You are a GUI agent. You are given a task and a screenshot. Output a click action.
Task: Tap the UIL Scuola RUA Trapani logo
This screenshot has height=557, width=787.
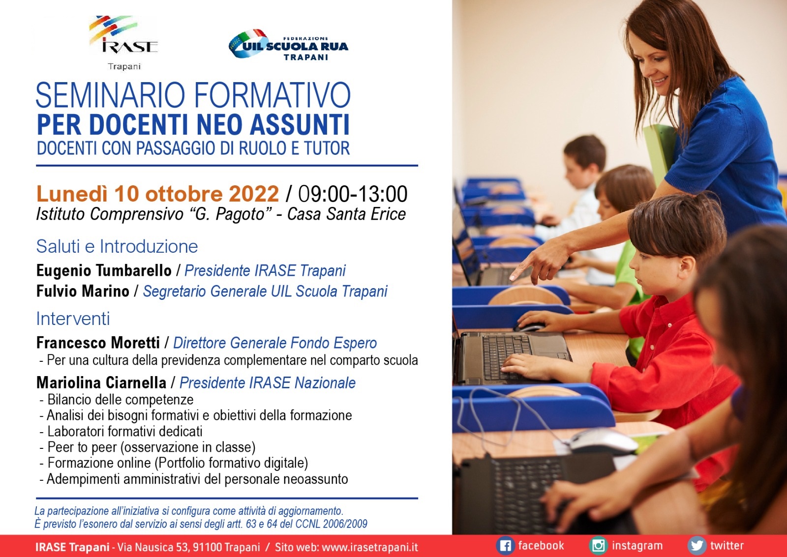pyautogui.click(x=288, y=45)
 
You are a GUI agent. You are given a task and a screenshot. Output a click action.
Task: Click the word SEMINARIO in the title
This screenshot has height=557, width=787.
pyautogui.click(x=110, y=95)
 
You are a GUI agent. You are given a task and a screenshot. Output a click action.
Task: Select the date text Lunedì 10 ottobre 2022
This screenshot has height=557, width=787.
pyautogui.click(x=158, y=194)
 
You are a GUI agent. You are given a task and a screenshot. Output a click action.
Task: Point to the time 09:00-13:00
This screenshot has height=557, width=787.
pyautogui.click(x=353, y=194)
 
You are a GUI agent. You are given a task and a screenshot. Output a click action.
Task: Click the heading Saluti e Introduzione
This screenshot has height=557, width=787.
pyautogui.click(x=117, y=246)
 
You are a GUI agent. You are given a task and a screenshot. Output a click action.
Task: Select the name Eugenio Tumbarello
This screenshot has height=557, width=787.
pyautogui.click(x=104, y=271)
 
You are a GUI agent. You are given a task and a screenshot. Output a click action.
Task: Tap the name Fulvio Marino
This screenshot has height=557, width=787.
pyautogui.click(x=83, y=291)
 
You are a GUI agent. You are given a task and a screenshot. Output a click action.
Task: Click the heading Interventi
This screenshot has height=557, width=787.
pyautogui.click(x=73, y=319)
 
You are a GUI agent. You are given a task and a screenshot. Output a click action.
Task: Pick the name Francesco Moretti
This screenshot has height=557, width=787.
pyautogui.click(x=98, y=343)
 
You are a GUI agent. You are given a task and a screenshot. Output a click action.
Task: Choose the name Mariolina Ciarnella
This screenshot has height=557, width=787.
pyautogui.click(x=101, y=382)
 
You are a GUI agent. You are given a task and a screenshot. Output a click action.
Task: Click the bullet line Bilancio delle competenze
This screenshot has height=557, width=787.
pyautogui.click(x=117, y=400)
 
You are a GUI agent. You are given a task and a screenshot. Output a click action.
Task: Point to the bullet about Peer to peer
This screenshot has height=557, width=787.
pyautogui.click(x=148, y=447)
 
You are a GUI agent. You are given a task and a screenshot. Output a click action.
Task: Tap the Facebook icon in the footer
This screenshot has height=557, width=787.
pyautogui.click(x=505, y=546)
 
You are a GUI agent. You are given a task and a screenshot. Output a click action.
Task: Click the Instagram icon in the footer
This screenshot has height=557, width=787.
pyautogui.click(x=598, y=546)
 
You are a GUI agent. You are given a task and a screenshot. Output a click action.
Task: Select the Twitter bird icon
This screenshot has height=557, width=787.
pyautogui.click(x=696, y=546)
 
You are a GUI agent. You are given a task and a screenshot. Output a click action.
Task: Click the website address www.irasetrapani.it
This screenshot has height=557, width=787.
pyautogui.click(x=370, y=547)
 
